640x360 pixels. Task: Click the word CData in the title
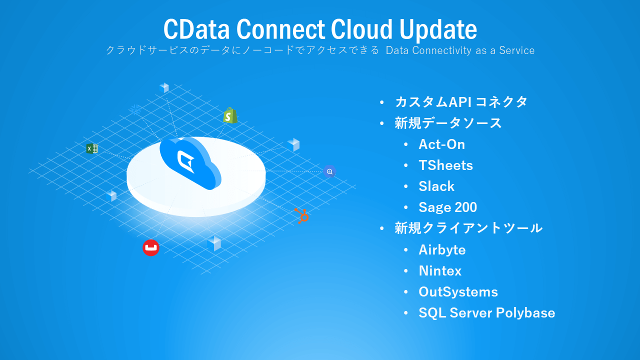pos(196,29)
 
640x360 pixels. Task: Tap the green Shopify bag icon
pos(230,115)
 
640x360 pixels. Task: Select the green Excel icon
pos(91,148)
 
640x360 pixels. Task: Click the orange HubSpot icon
pos(301,215)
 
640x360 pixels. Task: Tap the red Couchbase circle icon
pos(151,247)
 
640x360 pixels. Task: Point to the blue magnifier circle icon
pos(329,171)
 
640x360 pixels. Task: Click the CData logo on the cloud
pos(186,161)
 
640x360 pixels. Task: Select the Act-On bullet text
pos(441,144)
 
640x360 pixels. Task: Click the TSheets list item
pos(445,165)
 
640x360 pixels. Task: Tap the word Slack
pos(436,186)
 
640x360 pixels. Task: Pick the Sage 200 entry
pos(447,207)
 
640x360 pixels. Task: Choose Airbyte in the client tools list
pos(442,250)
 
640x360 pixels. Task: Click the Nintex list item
pos(440,271)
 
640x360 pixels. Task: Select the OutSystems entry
pos(458,292)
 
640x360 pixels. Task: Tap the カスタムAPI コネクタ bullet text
pos(461,102)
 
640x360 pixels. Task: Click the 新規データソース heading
pos(448,123)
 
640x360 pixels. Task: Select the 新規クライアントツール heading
pos(468,228)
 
